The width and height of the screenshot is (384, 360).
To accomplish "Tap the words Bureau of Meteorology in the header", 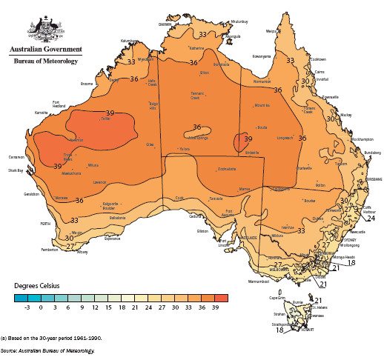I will (x=45, y=61).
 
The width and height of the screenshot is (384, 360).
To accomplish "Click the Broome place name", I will (x=87, y=84).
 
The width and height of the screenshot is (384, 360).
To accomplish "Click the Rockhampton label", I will (x=362, y=139).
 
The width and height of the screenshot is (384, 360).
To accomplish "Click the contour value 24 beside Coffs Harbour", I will (x=371, y=219).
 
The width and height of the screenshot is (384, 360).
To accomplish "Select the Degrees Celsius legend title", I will (x=37, y=284).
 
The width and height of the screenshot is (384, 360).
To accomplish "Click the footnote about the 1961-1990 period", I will (x=52, y=337).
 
